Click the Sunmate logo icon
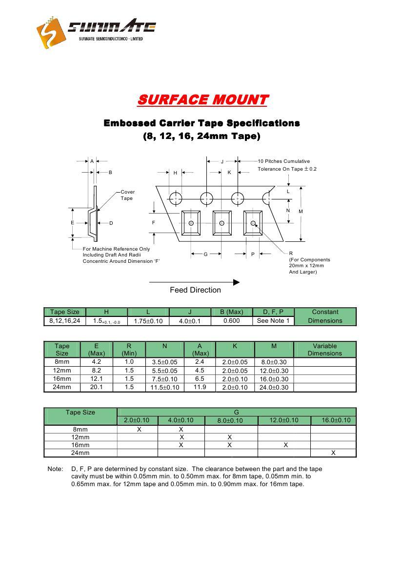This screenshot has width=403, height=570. pyautogui.click(x=51, y=32)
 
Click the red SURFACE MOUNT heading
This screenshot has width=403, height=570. pyautogui.click(x=202, y=100)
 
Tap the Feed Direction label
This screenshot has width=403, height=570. pyautogui.click(x=195, y=290)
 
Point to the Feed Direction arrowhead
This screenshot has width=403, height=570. pyautogui.click(x=237, y=282)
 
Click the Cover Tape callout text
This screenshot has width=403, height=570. pyautogui.click(x=127, y=195)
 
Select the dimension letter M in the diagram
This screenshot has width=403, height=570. pyautogui.click(x=301, y=211)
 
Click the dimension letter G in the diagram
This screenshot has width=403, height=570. pyautogui.click(x=206, y=254)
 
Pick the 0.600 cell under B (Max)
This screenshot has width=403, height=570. pyautogui.click(x=231, y=321)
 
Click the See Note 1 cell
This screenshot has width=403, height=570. pyautogui.click(x=273, y=321)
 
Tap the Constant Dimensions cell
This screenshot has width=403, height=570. pyautogui.click(x=325, y=316)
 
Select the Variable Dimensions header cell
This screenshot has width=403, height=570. pyautogui.click(x=325, y=350)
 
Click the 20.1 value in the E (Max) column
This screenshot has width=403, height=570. pyautogui.click(x=97, y=387)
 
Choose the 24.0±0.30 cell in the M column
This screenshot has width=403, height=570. pyautogui.click(x=275, y=388)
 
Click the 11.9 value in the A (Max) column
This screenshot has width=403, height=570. pyautogui.click(x=200, y=387)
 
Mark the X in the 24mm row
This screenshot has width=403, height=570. pyautogui.click(x=333, y=453)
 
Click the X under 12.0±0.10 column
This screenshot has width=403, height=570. pyautogui.click(x=285, y=445)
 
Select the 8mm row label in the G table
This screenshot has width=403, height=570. pyautogui.click(x=81, y=430)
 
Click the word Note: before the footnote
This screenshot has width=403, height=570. pyautogui.click(x=55, y=469)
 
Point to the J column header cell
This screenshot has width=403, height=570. pyautogui.click(x=190, y=312)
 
